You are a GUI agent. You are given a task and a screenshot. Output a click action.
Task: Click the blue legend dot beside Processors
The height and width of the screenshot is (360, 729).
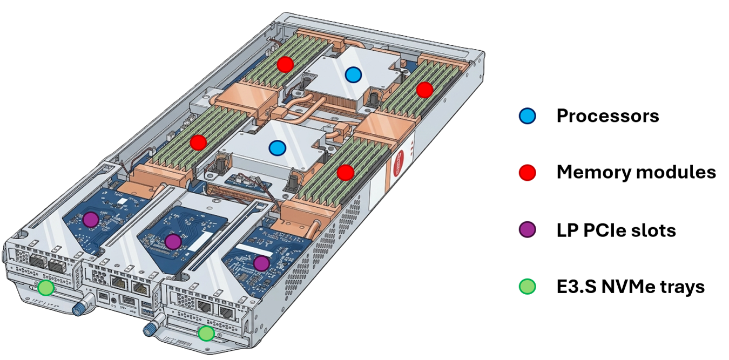point(527,116)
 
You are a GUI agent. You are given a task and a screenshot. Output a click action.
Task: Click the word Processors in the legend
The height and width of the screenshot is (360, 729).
point(607,116)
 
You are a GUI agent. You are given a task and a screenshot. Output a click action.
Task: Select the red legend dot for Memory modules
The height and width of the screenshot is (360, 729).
point(527,172)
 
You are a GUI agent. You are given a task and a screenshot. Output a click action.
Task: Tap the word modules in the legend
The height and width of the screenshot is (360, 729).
point(676,172)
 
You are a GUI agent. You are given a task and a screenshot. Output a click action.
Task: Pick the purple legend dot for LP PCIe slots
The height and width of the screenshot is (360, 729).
point(527,229)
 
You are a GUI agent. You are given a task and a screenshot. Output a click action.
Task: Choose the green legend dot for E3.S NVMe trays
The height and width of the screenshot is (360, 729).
point(527,287)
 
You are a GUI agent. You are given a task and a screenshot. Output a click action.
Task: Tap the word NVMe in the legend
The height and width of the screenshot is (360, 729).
point(628,287)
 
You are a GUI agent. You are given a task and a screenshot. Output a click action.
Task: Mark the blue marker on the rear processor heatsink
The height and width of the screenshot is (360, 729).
point(353,74)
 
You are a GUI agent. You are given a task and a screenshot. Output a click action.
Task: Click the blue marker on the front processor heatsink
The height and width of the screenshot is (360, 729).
point(277,148)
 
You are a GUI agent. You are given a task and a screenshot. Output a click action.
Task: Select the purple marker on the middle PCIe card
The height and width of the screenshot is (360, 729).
point(173,241)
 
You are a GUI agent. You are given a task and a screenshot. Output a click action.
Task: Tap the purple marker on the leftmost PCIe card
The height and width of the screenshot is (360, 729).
point(91,220)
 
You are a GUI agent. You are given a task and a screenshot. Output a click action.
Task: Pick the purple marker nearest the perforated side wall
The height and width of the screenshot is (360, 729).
point(261,263)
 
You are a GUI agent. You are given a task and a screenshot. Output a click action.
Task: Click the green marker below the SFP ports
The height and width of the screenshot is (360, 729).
point(46,288)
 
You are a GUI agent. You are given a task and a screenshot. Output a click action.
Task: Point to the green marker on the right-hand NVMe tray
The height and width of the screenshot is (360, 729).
point(206,333)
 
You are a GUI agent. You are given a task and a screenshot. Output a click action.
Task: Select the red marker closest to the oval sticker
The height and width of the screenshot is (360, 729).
point(345,172)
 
